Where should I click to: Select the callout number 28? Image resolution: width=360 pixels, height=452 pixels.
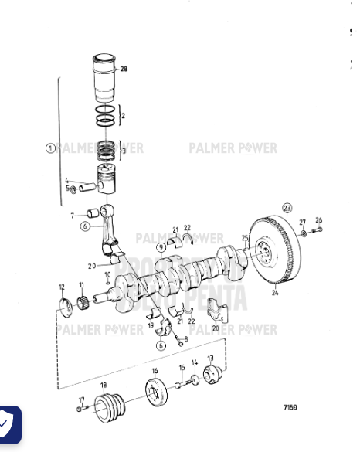(x=124, y=70)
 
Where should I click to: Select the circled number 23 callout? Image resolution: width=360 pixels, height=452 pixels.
(x=287, y=209)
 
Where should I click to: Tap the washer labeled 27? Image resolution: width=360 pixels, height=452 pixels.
(x=304, y=232)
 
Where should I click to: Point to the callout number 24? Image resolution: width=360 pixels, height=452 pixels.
(x=275, y=294)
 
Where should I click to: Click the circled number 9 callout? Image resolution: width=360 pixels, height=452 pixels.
(x=161, y=247)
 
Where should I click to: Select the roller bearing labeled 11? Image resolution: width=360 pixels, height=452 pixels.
(x=81, y=301)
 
